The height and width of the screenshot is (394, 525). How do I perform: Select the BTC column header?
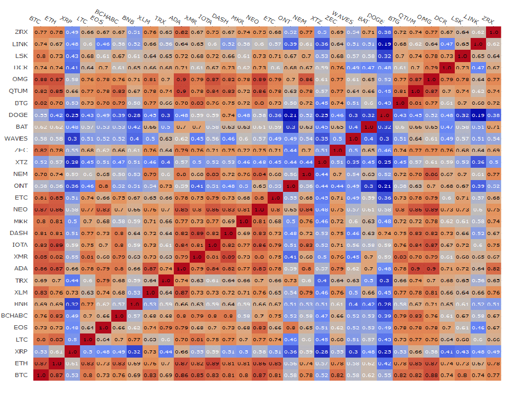point(35,20)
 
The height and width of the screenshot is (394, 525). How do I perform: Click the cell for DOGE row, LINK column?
point(478,115)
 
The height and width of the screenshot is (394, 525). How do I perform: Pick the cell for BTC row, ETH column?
point(56,376)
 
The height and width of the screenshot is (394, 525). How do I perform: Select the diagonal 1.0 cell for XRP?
point(72,352)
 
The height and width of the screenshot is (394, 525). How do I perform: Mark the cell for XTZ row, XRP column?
point(72,162)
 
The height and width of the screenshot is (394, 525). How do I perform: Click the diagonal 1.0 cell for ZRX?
point(494,32)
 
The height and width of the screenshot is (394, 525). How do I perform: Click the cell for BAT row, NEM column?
point(307,127)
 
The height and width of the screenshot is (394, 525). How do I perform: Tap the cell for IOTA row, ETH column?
point(56,245)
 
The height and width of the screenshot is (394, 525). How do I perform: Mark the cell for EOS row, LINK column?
point(478,328)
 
